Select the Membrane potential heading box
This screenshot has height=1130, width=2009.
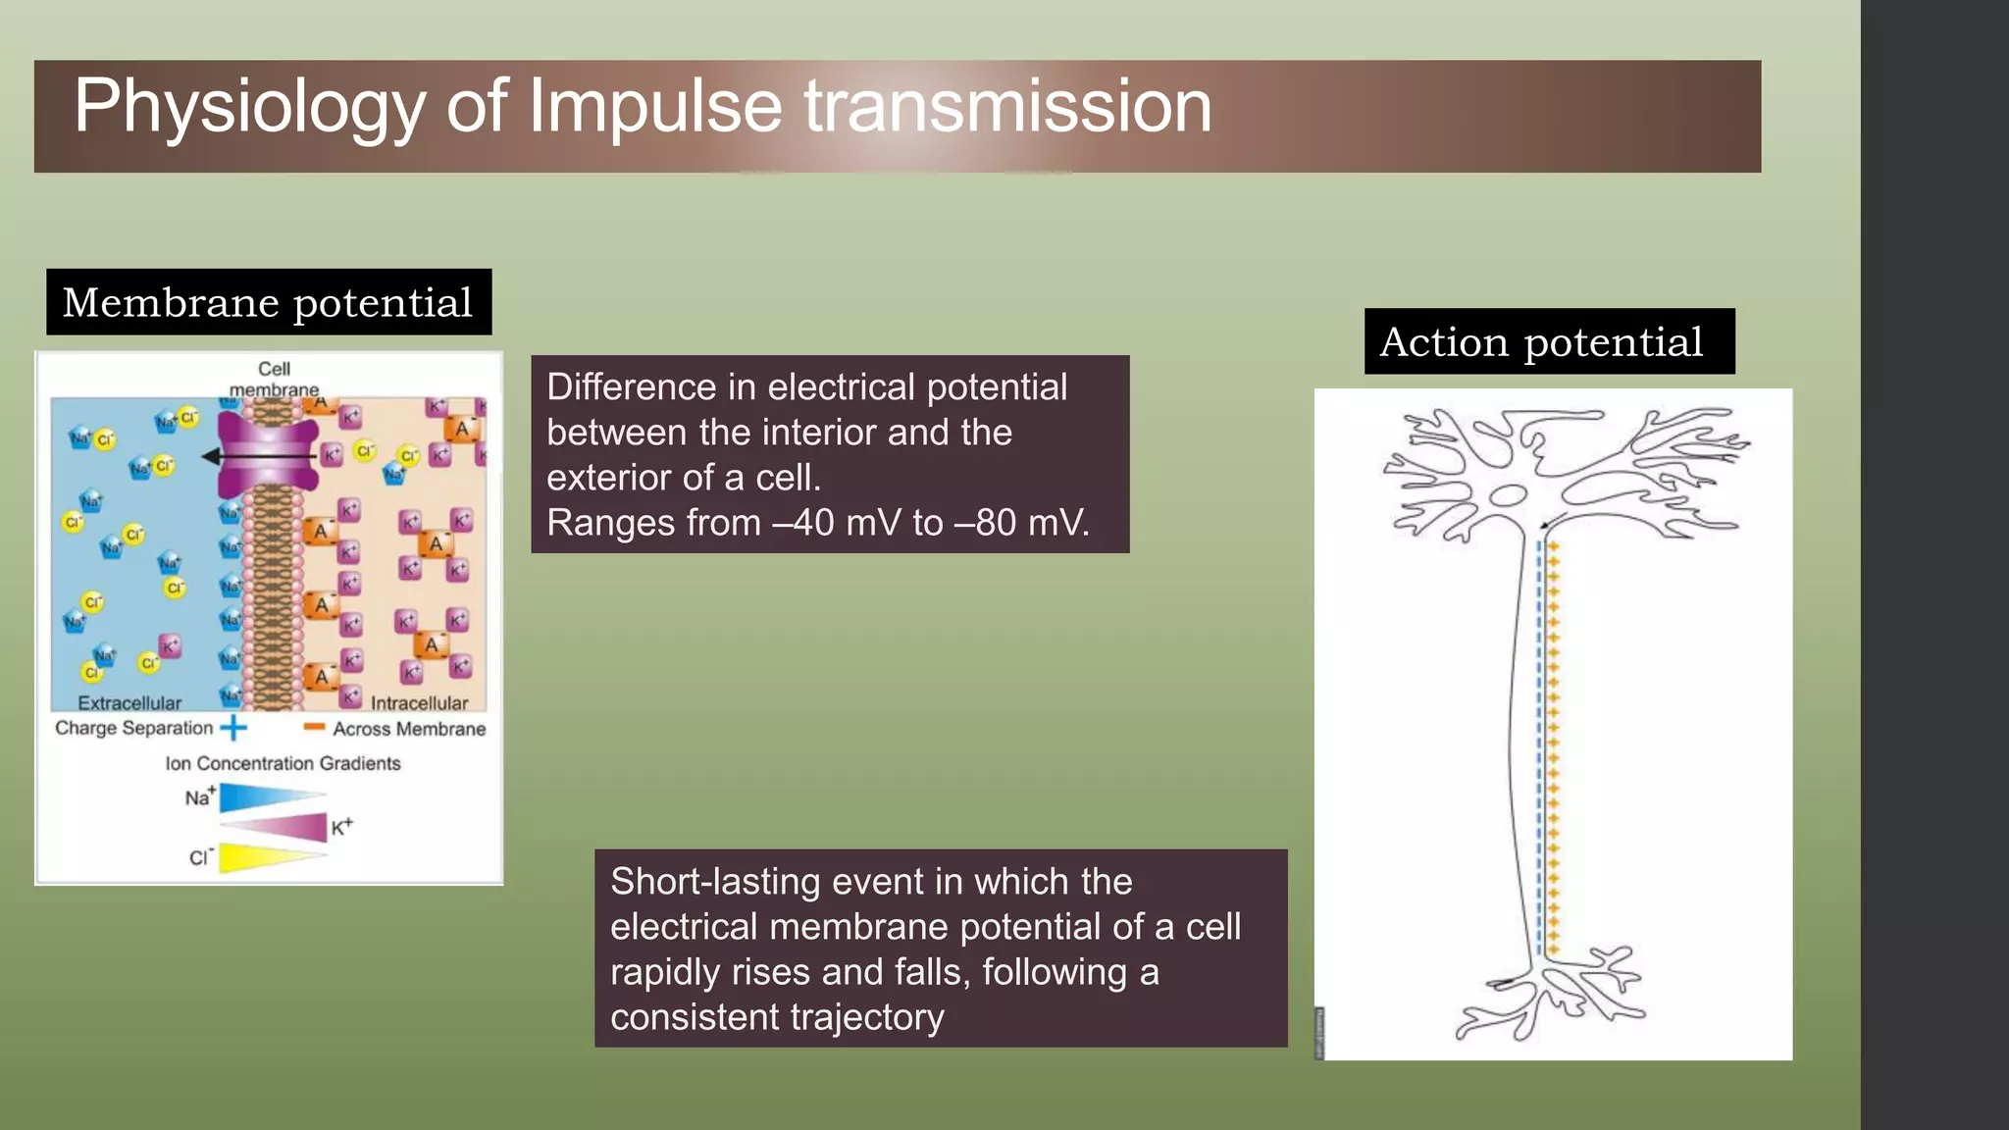pos(269,302)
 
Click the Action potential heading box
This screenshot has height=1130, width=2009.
pos(1548,341)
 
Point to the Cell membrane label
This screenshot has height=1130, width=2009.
pos(274,380)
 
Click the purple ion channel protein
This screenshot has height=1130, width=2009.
pos(267,454)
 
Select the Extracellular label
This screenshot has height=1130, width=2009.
pos(129,702)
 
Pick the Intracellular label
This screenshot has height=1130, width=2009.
pos(419,702)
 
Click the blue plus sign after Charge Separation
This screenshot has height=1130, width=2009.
pos(233,728)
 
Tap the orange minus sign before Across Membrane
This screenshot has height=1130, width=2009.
pos(314,727)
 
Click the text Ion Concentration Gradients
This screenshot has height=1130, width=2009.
pos(283,763)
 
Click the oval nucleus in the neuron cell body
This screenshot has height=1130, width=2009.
pos(1507,496)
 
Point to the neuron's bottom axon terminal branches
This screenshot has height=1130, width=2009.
pos(1550,996)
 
